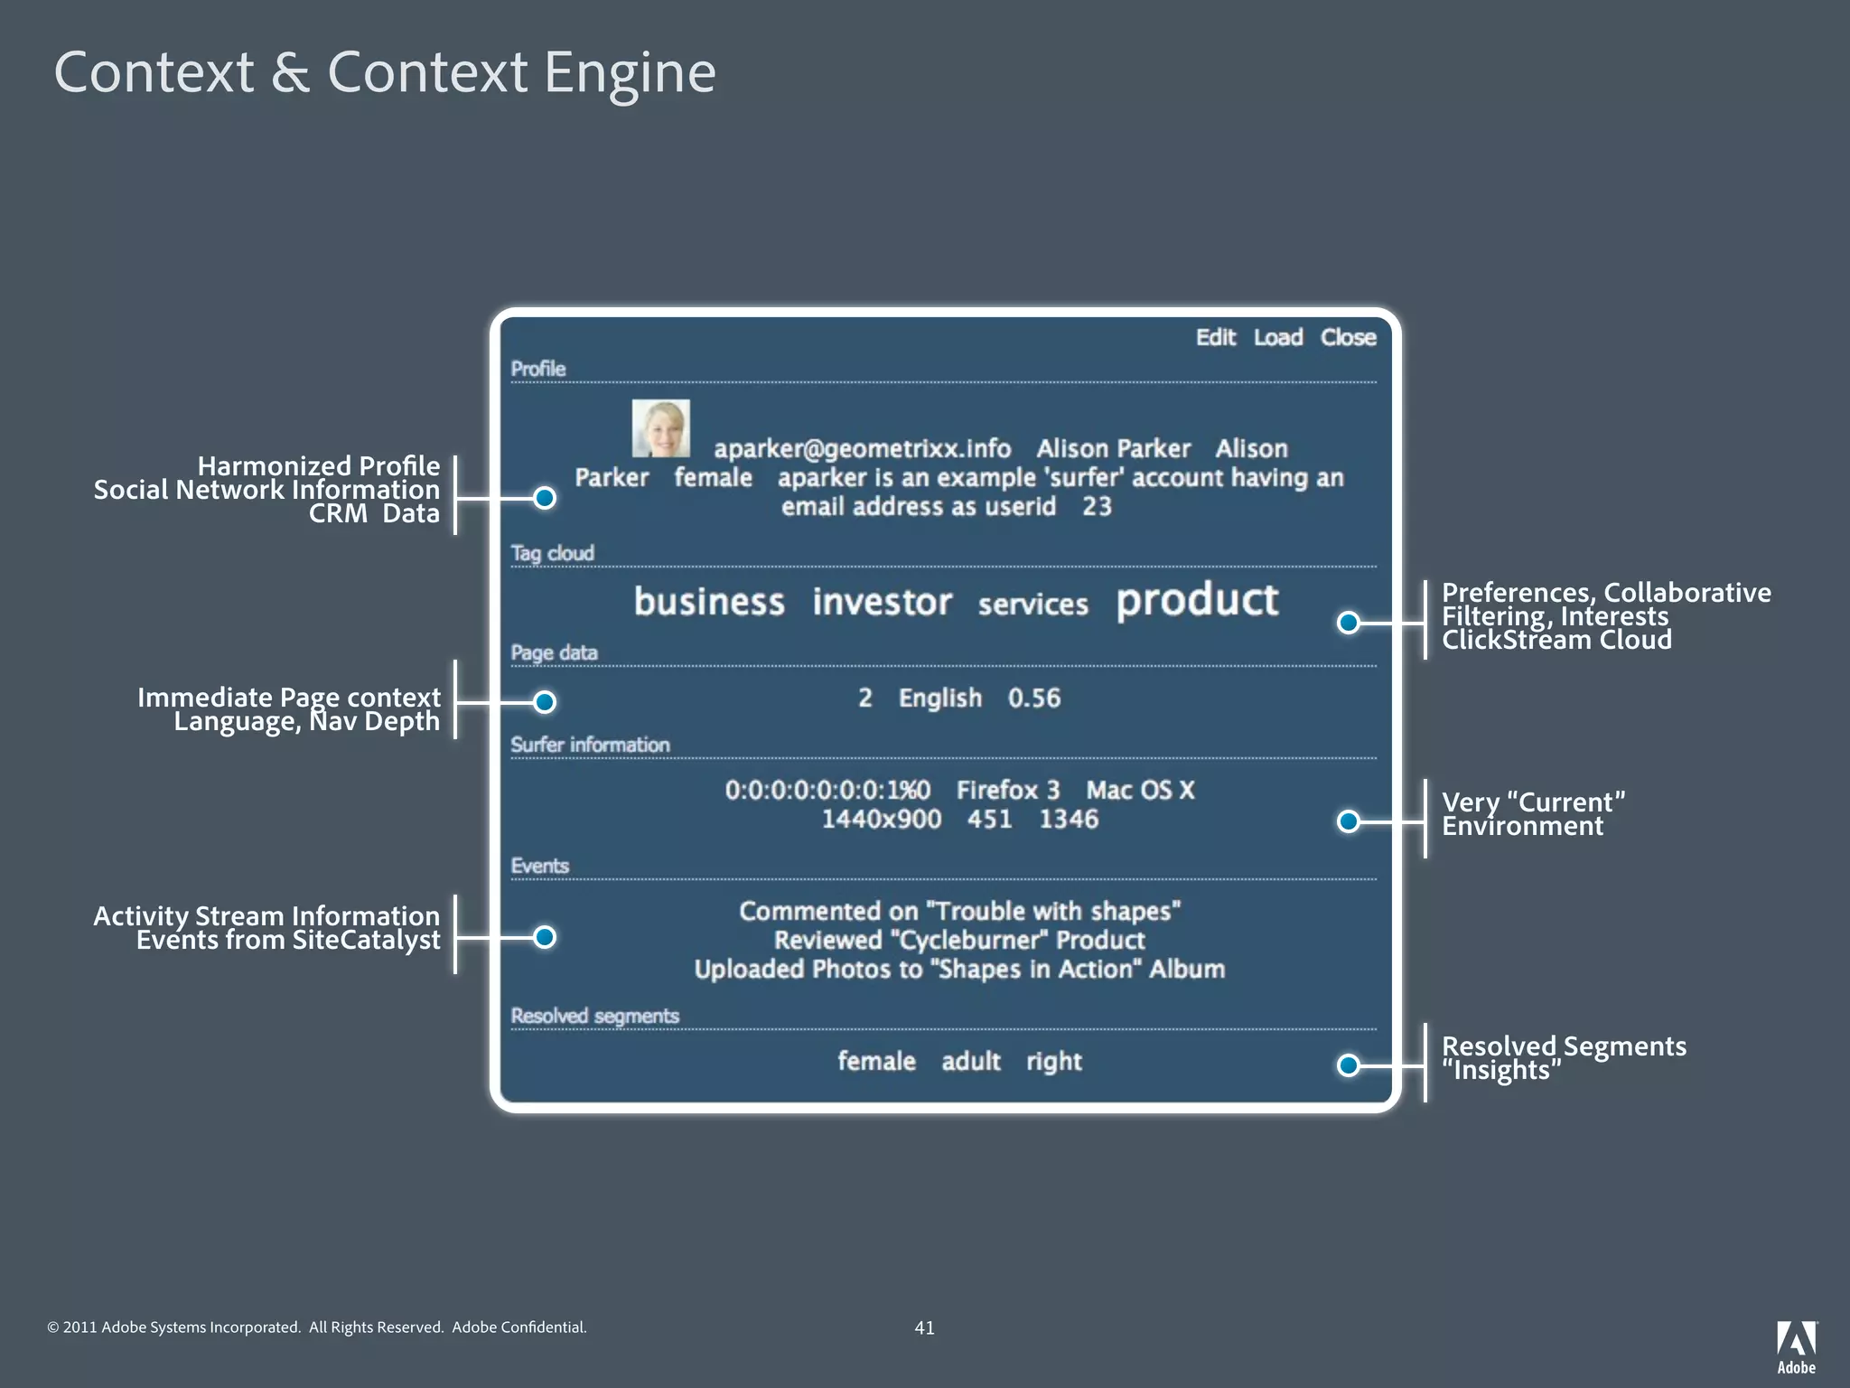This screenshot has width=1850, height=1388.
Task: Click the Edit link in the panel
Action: click(x=1215, y=337)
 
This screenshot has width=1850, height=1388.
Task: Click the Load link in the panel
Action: click(x=1277, y=337)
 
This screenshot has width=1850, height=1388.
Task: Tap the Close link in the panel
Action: click(x=1348, y=337)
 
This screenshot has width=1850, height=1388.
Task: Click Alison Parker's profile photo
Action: click(x=660, y=428)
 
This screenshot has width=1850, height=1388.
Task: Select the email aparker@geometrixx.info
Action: click(x=862, y=448)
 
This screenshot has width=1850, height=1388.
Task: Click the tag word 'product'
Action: click(x=1197, y=601)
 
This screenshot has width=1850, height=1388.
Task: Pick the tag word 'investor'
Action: click(x=882, y=602)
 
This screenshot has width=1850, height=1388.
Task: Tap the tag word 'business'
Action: click(x=709, y=602)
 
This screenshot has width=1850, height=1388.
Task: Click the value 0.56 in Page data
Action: click(x=1033, y=698)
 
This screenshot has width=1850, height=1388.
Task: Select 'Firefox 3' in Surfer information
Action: click(x=1007, y=790)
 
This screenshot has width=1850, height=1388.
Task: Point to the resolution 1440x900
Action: click(x=881, y=819)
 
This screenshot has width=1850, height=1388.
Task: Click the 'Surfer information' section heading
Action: click(x=590, y=745)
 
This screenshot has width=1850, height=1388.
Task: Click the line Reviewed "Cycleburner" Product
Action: click(x=959, y=940)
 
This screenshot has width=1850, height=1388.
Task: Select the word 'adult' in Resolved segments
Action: click(x=970, y=1061)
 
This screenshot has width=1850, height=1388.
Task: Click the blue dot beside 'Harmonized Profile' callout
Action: click(x=545, y=498)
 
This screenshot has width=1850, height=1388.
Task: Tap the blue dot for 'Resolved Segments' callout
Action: click(x=1348, y=1065)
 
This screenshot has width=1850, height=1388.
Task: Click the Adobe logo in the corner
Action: click(x=1796, y=1346)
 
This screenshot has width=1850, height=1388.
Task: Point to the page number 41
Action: click(x=924, y=1327)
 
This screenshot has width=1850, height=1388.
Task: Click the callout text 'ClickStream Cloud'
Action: click(x=1556, y=640)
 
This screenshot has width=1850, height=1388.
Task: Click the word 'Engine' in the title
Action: click(x=630, y=72)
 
